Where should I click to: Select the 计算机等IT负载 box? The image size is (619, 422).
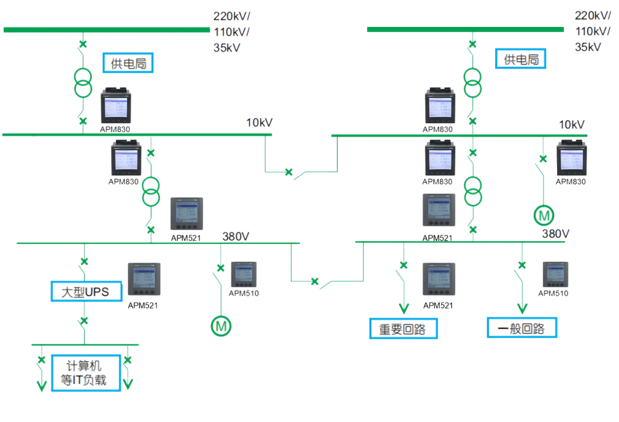(86, 373)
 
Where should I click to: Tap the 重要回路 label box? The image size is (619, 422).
(403, 329)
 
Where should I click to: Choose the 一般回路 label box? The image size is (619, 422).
(522, 328)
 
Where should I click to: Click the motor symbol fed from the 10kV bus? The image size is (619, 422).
(543, 215)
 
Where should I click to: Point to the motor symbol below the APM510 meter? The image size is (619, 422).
(221, 326)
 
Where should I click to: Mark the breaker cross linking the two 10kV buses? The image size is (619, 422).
(289, 172)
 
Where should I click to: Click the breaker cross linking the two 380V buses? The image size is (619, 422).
(314, 281)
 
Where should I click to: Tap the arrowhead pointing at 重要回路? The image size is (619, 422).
(403, 309)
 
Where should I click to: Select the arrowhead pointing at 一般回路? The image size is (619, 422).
(522, 308)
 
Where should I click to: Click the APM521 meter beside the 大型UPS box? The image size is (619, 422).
(143, 279)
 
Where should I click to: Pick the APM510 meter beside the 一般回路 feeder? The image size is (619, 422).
(555, 274)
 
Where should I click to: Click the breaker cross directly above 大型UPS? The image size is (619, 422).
(84, 262)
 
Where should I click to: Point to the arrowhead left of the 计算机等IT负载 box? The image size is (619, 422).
(41, 385)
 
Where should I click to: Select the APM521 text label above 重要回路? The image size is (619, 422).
(438, 305)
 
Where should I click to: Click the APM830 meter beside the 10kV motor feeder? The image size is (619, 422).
(571, 158)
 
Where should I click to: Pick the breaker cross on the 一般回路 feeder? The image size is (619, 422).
(522, 265)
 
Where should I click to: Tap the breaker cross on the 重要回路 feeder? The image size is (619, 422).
(403, 265)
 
